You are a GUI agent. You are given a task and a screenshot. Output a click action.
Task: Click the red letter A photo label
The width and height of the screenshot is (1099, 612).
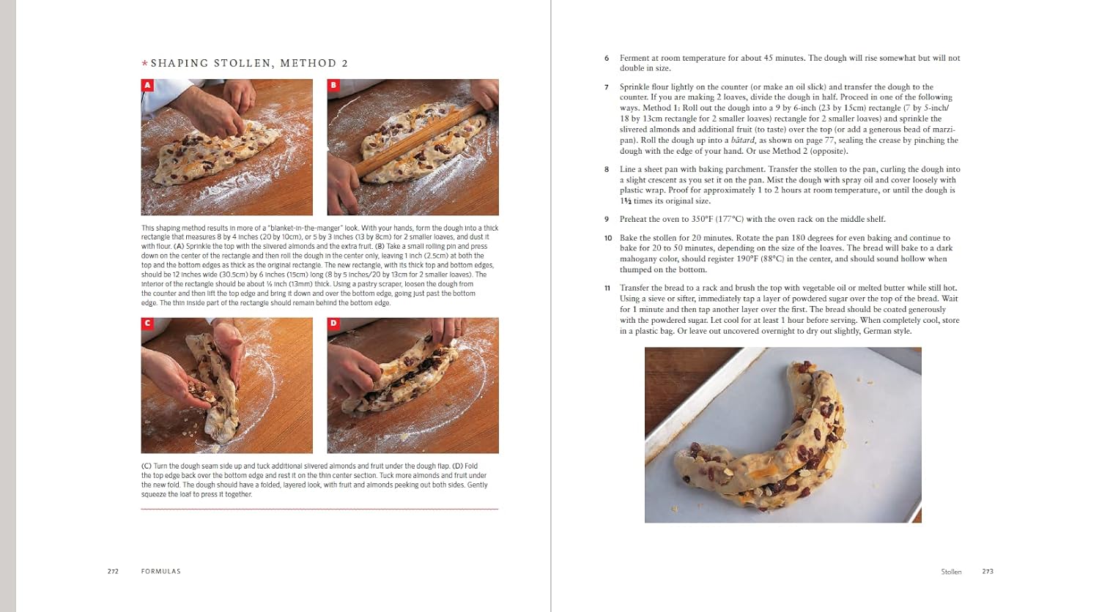click(147, 86)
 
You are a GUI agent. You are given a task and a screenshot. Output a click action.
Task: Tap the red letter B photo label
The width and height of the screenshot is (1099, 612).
click(333, 86)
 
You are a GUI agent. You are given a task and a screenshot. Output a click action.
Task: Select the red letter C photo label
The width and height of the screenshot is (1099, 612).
click(147, 324)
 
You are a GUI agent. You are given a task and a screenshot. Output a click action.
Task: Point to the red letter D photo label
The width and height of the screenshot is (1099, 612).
click(333, 324)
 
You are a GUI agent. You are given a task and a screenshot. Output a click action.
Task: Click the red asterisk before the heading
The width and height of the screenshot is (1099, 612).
click(144, 64)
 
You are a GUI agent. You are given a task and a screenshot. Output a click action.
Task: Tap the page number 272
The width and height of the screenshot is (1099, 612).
click(113, 571)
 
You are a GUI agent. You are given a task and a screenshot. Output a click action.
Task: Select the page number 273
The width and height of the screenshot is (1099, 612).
click(988, 571)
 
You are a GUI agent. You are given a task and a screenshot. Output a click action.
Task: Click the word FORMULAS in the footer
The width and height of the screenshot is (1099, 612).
click(160, 571)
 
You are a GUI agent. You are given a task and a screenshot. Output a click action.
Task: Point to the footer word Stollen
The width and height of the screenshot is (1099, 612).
click(951, 571)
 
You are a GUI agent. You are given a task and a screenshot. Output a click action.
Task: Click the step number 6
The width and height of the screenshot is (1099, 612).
click(607, 59)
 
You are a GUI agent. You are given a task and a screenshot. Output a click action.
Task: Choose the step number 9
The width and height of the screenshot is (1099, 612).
click(607, 219)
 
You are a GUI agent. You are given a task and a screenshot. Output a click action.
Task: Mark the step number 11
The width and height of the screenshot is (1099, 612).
click(607, 288)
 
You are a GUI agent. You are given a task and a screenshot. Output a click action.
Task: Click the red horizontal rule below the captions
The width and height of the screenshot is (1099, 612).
click(319, 509)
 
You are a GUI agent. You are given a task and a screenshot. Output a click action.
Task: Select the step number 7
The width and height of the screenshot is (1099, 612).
click(607, 87)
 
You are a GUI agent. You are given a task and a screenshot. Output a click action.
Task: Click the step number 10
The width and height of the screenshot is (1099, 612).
click(607, 238)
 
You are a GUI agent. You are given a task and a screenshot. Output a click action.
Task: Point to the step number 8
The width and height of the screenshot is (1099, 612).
click(607, 169)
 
